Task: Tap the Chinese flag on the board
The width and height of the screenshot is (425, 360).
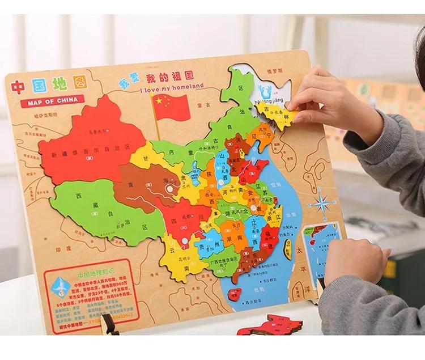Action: click(171, 106)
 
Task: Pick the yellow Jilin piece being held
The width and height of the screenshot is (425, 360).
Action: click(281, 114)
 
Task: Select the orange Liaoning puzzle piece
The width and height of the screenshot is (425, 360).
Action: click(253, 135)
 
